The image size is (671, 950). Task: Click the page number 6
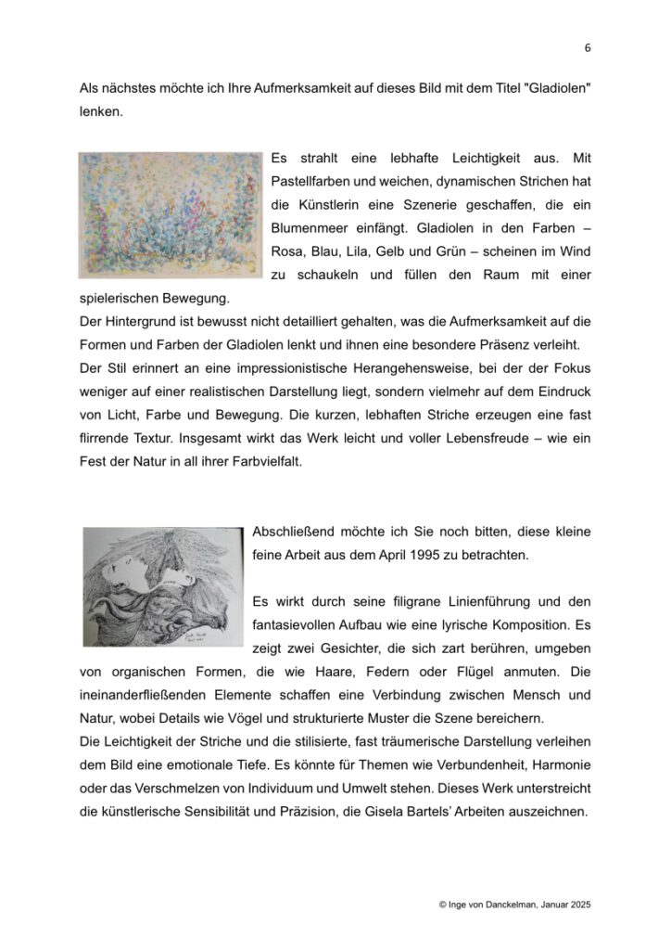tap(588, 48)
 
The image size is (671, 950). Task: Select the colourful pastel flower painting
tap(171, 214)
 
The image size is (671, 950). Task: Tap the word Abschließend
tap(297, 533)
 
